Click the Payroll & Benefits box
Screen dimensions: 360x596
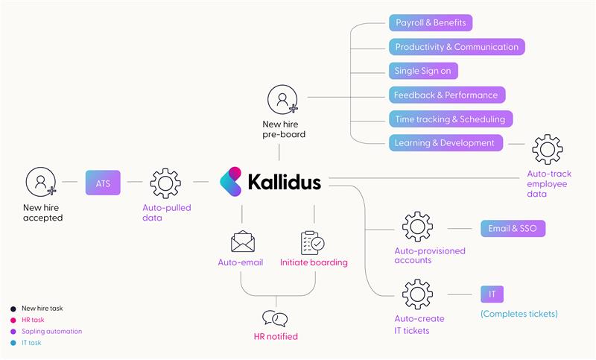[430, 22]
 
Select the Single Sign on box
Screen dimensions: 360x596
[422, 71]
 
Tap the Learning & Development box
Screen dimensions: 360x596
[445, 142]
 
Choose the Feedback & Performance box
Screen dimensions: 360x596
[446, 95]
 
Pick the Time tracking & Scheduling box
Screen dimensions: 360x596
[450, 119]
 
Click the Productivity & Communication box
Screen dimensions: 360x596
[456, 46]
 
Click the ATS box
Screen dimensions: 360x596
[103, 182]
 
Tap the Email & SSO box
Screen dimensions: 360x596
[513, 228]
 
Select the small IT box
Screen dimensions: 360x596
[492, 294]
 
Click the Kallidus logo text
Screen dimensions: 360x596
[284, 182]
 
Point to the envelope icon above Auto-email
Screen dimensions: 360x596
[242, 242]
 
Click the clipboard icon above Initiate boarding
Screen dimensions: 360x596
[312, 242]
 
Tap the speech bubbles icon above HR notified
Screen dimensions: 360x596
[276, 318]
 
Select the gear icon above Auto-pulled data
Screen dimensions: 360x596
[165, 183]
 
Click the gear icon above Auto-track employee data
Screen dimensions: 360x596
[547, 150]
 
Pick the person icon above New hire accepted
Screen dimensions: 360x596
[41, 183]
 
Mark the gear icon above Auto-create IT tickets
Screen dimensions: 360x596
[417, 294]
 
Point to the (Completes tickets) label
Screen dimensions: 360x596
[519, 314]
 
